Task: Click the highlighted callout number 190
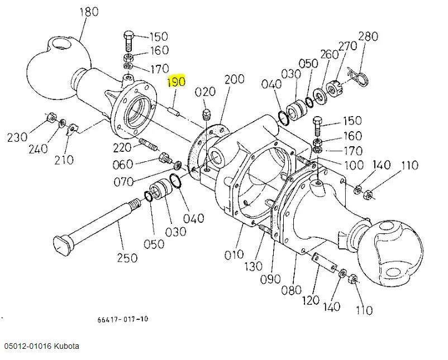pyautogui.click(x=177, y=81)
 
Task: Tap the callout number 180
pyautogui.click(x=89, y=12)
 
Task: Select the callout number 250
pyautogui.click(x=127, y=257)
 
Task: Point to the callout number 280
pyautogui.click(x=368, y=36)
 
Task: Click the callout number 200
pyautogui.click(x=234, y=79)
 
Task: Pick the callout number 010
pyautogui.click(x=234, y=255)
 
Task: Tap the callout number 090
pyautogui.click(x=270, y=279)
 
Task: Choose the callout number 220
pyautogui.click(x=122, y=148)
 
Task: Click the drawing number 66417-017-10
pyautogui.click(x=123, y=319)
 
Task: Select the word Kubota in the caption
pyautogui.click(x=66, y=346)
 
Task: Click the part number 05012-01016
pyautogui.click(x=28, y=346)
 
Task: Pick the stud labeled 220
pyautogui.click(x=147, y=144)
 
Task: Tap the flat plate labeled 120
pyautogui.click(x=323, y=261)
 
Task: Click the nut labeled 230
pyautogui.click(x=51, y=117)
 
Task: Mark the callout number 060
pyautogui.click(x=123, y=165)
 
